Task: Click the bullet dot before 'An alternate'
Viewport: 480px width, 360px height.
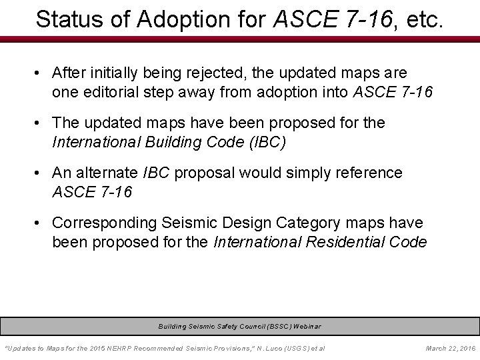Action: point(41,173)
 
